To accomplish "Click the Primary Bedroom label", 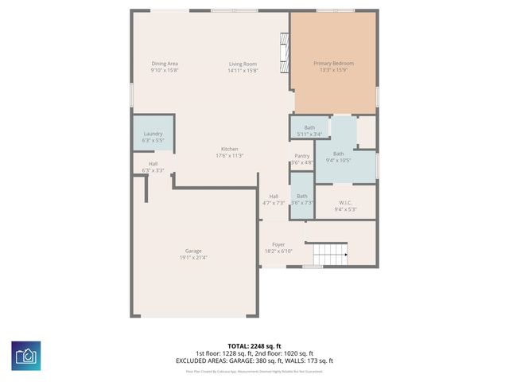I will (333, 64).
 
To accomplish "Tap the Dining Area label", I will (165, 64).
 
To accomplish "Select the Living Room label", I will (243, 64).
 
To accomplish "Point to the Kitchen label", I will (229, 150).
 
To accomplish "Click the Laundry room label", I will (153, 134).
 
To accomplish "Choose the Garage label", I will (193, 251).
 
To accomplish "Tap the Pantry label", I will (302, 156).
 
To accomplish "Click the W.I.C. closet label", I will (345, 203).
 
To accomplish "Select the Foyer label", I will (278, 244).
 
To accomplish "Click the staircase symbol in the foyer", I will (329, 255).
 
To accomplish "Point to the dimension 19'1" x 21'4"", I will (193, 258).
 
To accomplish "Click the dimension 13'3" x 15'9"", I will (333, 70).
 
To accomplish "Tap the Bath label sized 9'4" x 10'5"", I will (339, 154).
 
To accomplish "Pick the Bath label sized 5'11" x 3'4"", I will (309, 128).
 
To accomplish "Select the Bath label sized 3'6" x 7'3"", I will (302, 196).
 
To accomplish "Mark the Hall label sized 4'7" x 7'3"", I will (274, 196).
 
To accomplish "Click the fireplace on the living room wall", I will (285, 53).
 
